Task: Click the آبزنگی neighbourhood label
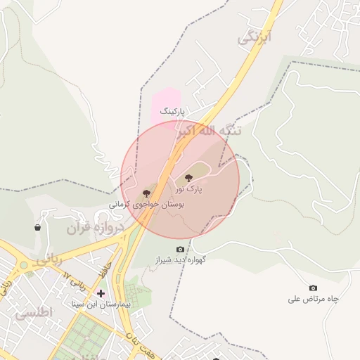point(255,37)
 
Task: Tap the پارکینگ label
point(172,111)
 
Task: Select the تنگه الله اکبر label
point(209,131)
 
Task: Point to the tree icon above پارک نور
point(188,177)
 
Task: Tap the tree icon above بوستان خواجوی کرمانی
point(147,192)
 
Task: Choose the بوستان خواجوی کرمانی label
point(146,205)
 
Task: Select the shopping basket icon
point(37,227)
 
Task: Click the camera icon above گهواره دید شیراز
point(181,249)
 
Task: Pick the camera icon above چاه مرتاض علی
point(313,288)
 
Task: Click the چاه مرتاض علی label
point(313,299)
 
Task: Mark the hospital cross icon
point(101,293)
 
